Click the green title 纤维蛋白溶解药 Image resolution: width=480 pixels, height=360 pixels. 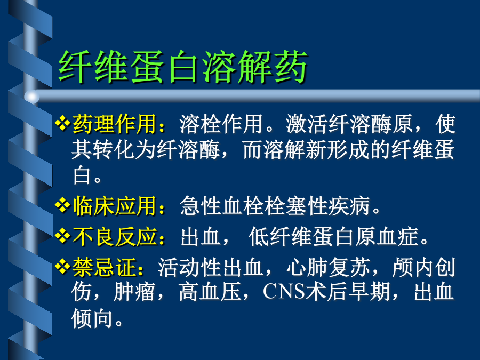click(183, 67)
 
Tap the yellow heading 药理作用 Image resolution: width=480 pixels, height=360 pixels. click(115, 124)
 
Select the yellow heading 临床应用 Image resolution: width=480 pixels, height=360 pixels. click(115, 206)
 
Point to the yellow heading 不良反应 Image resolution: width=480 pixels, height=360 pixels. click(115, 237)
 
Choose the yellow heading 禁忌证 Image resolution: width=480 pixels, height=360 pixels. click(104, 267)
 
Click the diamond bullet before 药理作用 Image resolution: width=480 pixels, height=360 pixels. click(62, 123)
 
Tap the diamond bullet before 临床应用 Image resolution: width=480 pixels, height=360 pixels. click(62, 205)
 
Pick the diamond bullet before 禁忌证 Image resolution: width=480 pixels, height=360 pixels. click(62, 267)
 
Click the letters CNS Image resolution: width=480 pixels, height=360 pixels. click(284, 291)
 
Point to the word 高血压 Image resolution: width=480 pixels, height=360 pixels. click(210, 291)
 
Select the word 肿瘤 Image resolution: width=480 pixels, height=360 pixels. click(134, 291)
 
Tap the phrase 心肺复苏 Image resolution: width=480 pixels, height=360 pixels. click(328, 267)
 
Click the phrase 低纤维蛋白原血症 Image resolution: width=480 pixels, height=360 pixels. click(334, 237)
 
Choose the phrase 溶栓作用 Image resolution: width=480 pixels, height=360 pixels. click(221, 124)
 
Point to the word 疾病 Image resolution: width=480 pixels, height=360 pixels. click(349, 206)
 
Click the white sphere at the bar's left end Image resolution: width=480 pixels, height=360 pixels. click(32, 97)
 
